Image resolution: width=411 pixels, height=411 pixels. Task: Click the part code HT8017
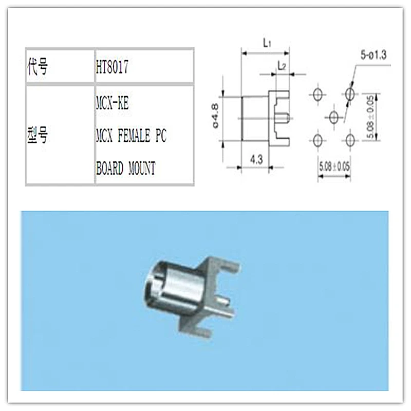(111, 67)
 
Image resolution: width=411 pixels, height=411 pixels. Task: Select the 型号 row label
(37, 135)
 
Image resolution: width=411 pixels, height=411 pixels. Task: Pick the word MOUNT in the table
(140, 168)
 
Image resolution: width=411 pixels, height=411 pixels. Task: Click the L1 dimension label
(267, 44)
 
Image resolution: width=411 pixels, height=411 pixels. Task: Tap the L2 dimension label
(281, 66)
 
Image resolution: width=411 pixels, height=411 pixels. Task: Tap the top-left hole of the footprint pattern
(318, 95)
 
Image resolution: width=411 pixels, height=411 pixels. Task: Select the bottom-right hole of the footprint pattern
(351, 139)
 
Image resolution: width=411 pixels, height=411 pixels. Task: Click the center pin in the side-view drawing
(282, 117)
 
